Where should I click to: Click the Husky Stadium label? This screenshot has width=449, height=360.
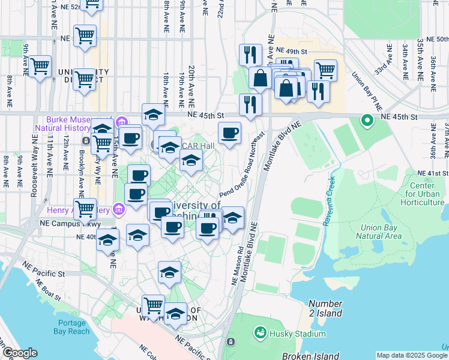[298, 334]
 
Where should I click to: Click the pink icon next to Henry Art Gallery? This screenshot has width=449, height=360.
[119, 209]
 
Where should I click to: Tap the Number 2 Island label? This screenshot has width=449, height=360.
[325, 309]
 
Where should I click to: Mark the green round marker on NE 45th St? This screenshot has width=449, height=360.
[367, 121]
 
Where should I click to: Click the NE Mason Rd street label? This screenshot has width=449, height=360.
[236, 266]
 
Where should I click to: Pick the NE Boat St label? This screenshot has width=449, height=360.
[44, 295]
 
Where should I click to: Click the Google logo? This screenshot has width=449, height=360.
[20, 353]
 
